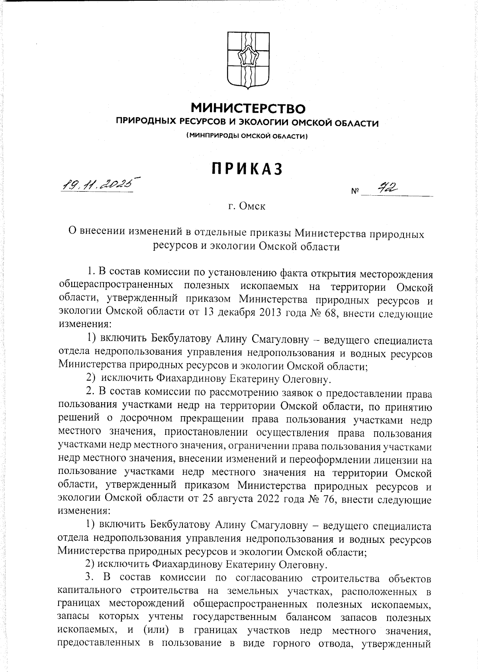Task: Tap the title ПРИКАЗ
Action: pos(247,169)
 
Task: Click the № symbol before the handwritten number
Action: pos(355,192)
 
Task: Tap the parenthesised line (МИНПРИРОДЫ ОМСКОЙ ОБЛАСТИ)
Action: pos(247,136)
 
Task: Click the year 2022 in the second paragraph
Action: pos(274,499)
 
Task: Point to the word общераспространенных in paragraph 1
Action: pos(116,286)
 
